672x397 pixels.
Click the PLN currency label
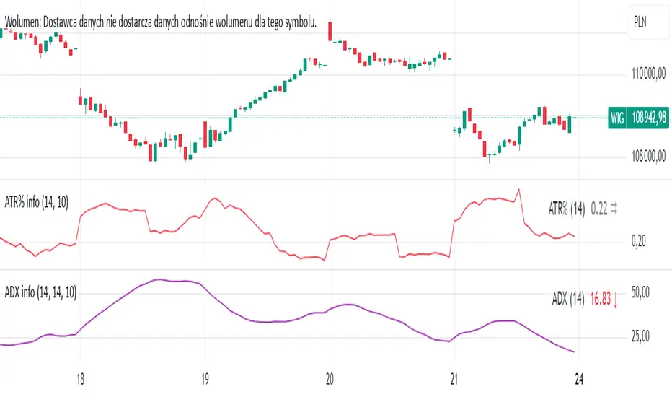(x=639, y=22)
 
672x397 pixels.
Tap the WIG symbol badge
(x=616, y=117)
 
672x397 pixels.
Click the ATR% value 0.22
(x=598, y=209)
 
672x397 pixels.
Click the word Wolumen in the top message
(x=22, y=22)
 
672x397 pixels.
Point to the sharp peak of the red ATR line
(x=518, y=189)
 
